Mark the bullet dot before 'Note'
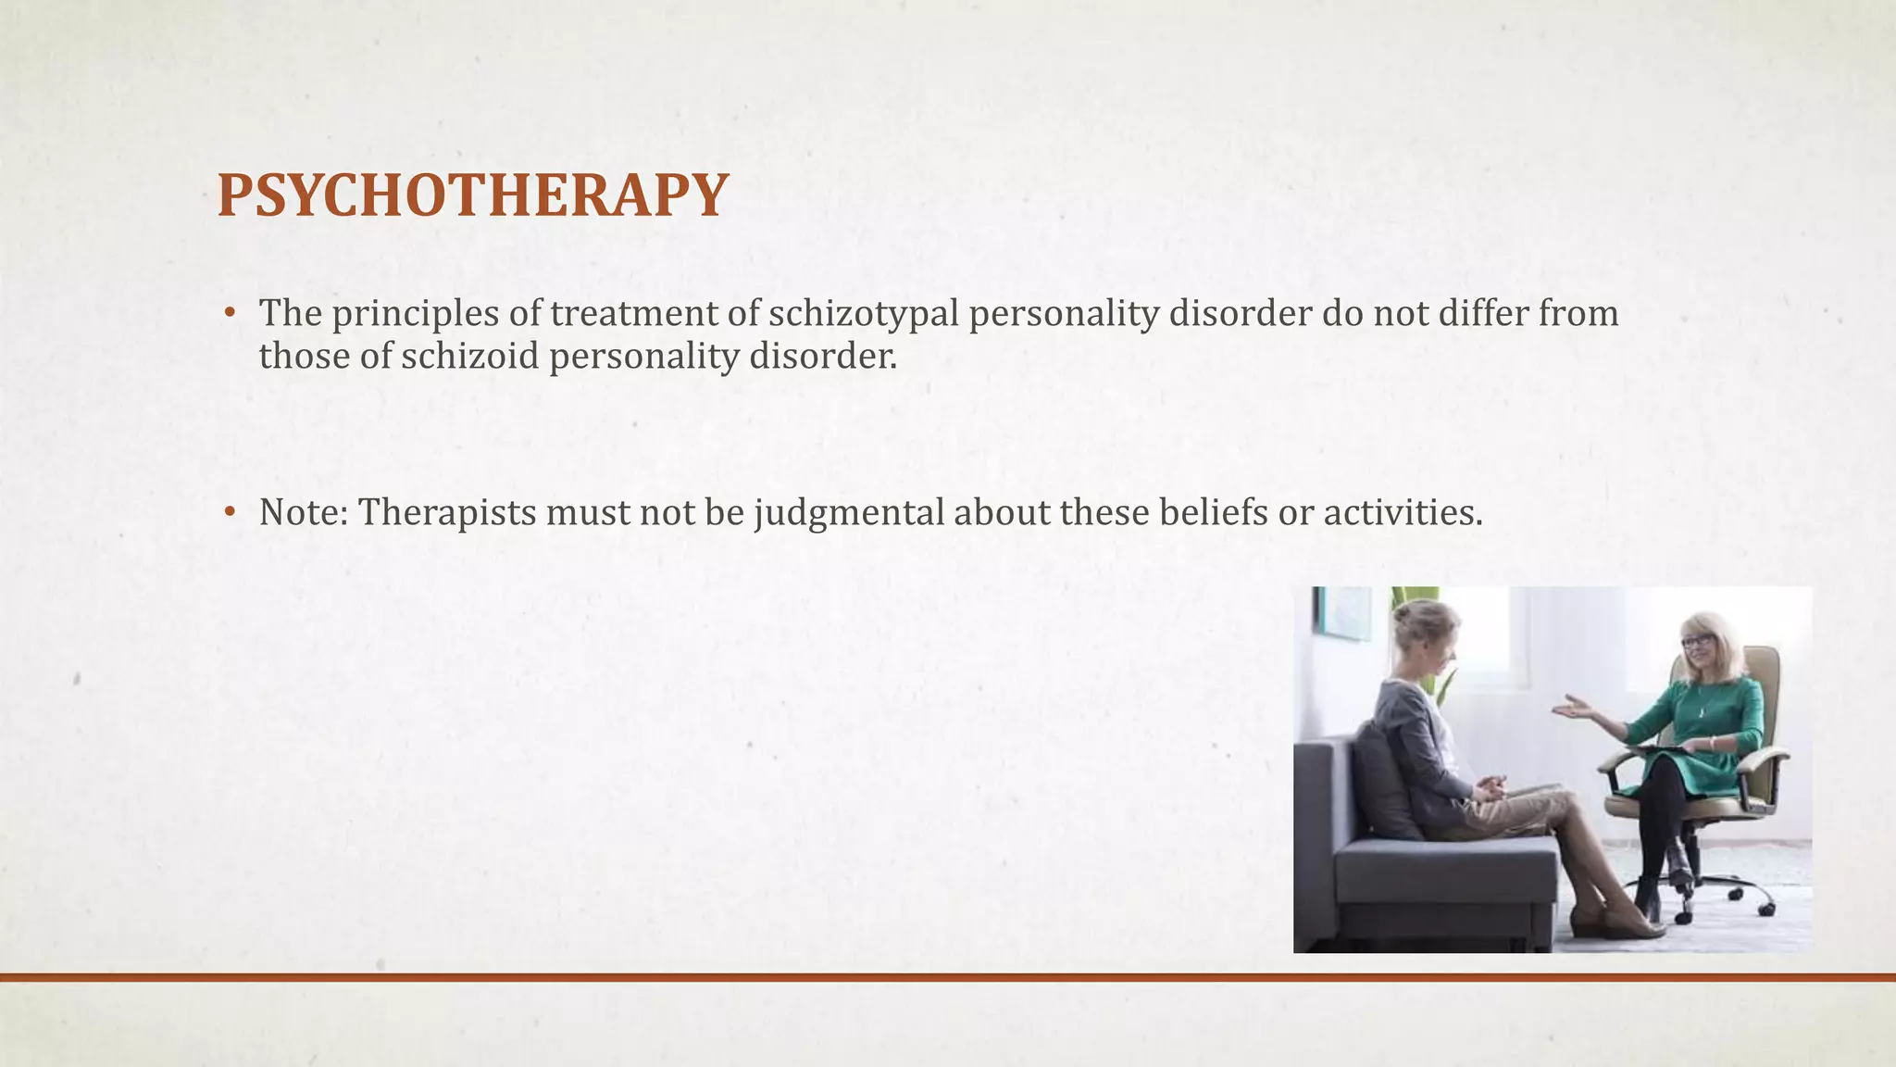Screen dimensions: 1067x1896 [230, 511]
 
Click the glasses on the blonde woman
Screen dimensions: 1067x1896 [1697, 641]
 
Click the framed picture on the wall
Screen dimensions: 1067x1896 [1343, 613]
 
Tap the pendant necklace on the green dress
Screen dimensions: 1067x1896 [1702, 711]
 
